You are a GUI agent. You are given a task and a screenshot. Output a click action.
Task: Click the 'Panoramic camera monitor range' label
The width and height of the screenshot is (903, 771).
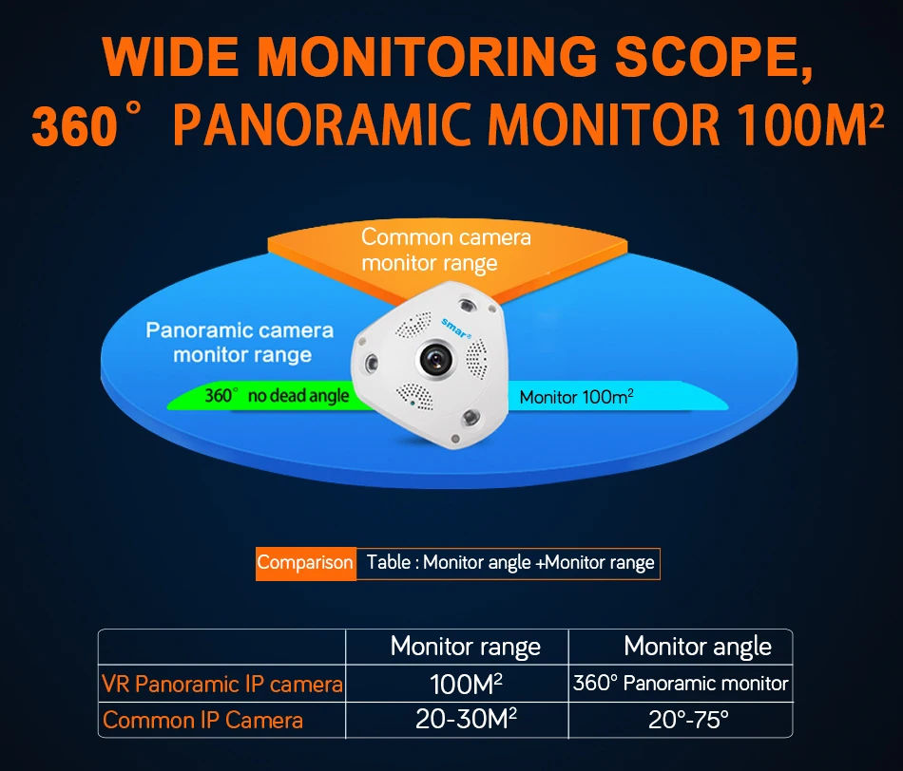click(x=240, y=343)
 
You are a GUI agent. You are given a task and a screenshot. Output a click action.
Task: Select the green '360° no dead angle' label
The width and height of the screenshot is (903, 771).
click(x=277, y=396)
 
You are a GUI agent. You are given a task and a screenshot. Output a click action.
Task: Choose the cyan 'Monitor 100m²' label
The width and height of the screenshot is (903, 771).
click(x=576, y=397)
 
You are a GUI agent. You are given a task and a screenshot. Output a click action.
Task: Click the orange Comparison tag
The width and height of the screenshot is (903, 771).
click(x=305, y=562)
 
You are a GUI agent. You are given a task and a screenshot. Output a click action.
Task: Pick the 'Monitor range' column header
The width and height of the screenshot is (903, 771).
click(x=465, y=648)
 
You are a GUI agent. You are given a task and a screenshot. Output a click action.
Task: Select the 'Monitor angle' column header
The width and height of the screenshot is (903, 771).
click(x=697, y=647)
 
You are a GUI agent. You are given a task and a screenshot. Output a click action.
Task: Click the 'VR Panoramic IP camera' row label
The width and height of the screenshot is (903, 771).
click(x=222, y=684)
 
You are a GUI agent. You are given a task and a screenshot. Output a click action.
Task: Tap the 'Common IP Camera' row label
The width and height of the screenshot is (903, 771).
click(x=202, y=721)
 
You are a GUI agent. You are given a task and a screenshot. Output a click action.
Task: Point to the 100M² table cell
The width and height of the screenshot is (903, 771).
click(x=465, y=684)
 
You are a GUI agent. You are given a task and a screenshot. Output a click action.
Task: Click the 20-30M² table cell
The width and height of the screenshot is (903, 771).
click(x=466, y=720)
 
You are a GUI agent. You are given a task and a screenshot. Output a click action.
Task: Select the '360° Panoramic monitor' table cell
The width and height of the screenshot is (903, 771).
click(x=681, y=684)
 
